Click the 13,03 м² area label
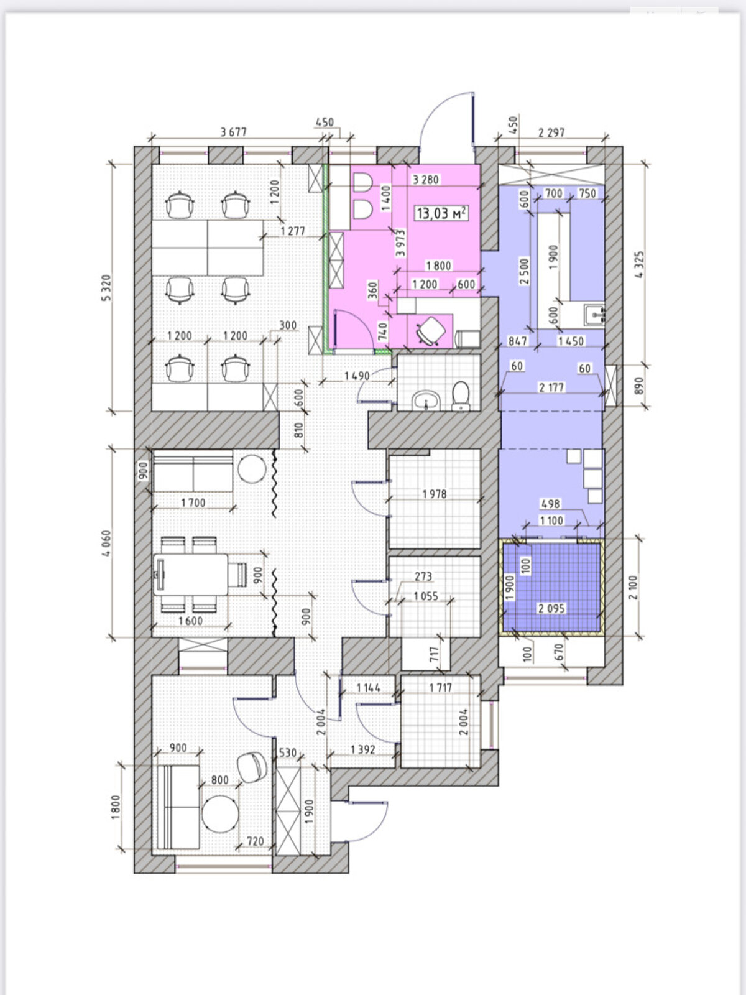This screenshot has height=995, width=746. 441,213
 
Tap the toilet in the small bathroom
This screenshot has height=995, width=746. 461,396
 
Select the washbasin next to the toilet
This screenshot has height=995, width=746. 426,400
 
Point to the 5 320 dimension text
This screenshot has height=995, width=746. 106,288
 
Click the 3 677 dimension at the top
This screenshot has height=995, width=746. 234,132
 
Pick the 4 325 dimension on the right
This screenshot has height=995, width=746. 640,264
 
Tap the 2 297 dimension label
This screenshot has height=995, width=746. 551,132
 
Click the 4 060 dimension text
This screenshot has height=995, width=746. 106,544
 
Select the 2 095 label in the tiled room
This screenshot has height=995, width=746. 551,608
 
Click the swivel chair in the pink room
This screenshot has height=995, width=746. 431,331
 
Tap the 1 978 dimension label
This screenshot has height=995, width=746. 435,494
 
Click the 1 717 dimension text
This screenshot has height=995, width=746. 440,688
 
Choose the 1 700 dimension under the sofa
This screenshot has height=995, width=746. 193,502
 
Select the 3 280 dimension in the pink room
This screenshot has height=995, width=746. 425,180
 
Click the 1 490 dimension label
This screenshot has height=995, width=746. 357,376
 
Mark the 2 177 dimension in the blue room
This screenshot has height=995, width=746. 551,387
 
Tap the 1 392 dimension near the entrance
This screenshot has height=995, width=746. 363,750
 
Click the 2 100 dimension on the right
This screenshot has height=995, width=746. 633,588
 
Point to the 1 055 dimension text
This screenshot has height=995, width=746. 426,596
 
